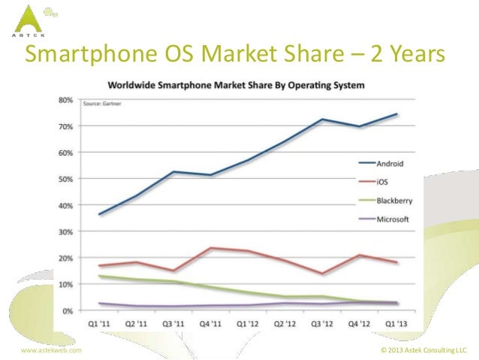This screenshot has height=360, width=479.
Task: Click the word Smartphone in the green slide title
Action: click(91, 54)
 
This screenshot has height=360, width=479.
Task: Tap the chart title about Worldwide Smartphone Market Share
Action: click(236, 85)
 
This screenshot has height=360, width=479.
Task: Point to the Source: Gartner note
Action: click(102, 104)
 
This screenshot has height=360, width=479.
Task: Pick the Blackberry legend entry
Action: click(385, 201)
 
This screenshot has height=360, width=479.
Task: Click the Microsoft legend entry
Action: click(384, 219)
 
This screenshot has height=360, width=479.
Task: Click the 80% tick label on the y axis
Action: click(65, 100)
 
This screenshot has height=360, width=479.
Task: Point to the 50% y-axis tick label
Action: click(65, 179)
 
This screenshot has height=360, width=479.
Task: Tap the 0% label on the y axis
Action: click(68, 311)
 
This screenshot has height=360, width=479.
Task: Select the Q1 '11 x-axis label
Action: click(99, 324)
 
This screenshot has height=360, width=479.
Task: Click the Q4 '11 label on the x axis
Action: click(210, 324)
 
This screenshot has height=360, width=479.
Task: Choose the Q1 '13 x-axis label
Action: click(396, 324)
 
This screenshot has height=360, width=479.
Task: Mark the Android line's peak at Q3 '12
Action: click(322, 119)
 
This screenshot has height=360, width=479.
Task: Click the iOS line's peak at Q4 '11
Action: click(211, 248)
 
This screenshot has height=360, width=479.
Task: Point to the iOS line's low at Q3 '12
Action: click(322, 274)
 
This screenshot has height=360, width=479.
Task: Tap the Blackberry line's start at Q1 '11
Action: click(99, 276)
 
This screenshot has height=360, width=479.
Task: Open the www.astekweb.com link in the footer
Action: click(51, 350)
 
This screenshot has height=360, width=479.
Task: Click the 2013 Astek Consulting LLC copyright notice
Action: click(423, 350)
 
